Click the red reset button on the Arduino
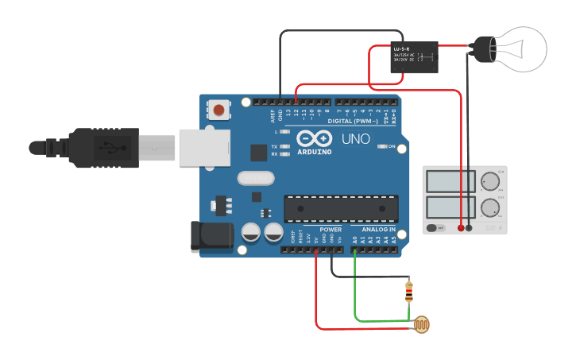pyautogui.click(x=218, y=109)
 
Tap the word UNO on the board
pyautogui.click(x=355, y=139)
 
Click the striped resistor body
pyautogui.click(x=409, y=292)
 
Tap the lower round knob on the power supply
pyautogui.click(x=491, y=210)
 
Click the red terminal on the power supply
pyautogui.click(x=461, y=228)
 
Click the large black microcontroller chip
pyautogui.click(x=341, y=208)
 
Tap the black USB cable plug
pyautogui.click(x=103, y=148)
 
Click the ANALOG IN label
pyautogui.click(x=378, y=230)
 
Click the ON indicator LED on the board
pyautogui.click(x=382, y=146)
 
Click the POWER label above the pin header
pyautogui.click(x=331, y=230)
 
